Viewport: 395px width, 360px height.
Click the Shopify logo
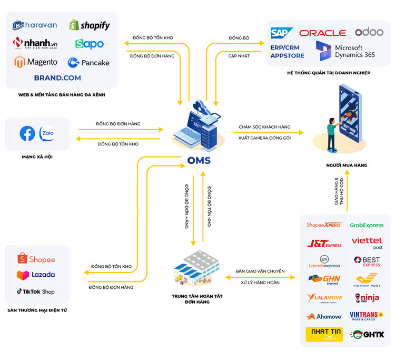(x=90, y=25)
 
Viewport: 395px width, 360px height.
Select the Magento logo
(x=36, y=62)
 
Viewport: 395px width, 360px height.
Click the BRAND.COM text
(x=57, y=77)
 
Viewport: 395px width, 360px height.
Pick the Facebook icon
(x=27, y=134)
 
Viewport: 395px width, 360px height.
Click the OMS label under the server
(x=200, y=160)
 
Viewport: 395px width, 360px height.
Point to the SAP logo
(x=282, y=33)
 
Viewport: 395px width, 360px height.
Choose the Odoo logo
(x=369, y=32)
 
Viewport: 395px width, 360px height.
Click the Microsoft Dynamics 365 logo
(x=345, y=51)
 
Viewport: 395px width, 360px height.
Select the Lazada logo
(x=36, y=275)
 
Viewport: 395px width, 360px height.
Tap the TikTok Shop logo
(x=36, y=291)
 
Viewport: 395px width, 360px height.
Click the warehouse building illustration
(x=196, y=269)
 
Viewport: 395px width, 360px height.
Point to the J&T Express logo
(x=324, y=244)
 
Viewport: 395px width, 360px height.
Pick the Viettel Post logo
(x=367, y=243)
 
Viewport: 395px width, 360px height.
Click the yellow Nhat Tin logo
(x=324, y=334)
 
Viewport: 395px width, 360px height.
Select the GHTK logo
(x=367, y=334)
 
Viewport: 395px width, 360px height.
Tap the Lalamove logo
(x=324, y=298)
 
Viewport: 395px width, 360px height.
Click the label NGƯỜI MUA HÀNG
(x=346, y=165)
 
